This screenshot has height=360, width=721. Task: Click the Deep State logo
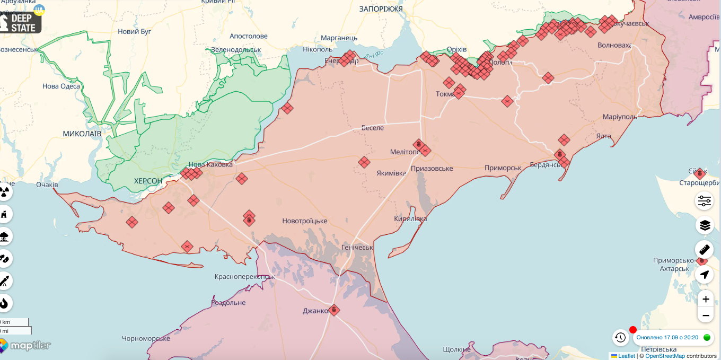tap(21, 23)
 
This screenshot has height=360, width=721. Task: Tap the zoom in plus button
tap(705, 299)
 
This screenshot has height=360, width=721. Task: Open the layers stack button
tap(705, 225)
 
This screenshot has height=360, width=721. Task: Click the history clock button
tap(620, 337)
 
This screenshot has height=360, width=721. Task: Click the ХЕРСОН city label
tap(148, 181)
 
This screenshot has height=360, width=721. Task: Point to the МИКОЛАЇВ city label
tap(82, 134)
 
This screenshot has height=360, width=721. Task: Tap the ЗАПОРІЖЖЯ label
tap(381, 9)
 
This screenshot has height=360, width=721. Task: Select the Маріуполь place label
tap(620, 116)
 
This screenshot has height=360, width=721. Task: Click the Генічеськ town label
tap(357, 248)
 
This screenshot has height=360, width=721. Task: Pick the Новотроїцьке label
tap(304, 221)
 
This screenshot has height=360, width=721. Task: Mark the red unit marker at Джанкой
tap(334, 310)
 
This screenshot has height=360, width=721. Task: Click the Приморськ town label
tap(503, 168)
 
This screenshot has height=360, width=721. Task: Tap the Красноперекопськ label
tap(245, 277)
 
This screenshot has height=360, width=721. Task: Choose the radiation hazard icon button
tap(4, 192)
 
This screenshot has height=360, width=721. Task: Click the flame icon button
tap(4, 303)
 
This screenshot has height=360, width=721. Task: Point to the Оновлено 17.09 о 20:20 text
tap(667, 337)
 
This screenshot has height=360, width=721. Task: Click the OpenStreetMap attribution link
tap(665, 356)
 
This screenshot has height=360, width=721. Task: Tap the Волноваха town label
tap(614, 45)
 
